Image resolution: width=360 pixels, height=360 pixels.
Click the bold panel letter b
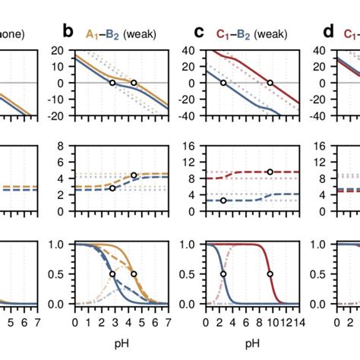(x=68, y=32)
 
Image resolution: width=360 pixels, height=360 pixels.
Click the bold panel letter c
(x=199, y=32)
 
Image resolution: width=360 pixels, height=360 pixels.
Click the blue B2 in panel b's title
(x=112, y=33)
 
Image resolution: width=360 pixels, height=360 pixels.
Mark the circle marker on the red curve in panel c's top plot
(x=270, y=82)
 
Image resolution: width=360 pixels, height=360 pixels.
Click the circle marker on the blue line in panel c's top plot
(x=223, y=82)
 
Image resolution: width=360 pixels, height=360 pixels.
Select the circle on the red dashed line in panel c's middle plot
(x=270, y=172)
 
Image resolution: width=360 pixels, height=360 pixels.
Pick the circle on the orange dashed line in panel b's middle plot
(x=134, y=175)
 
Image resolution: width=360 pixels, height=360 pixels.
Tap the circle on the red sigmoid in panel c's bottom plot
(x=270, y=273)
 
